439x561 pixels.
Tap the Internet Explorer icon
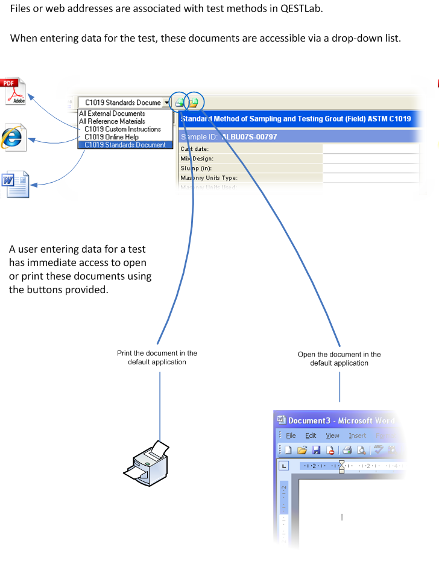(13, 138)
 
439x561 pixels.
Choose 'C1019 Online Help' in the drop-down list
(112, 137)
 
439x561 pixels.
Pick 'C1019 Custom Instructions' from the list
(122, 129)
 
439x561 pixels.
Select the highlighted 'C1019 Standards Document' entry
(125, 145)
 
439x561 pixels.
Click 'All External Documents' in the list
(112, 113)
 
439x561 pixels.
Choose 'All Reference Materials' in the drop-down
(112, 121)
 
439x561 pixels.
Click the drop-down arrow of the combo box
(166, 103)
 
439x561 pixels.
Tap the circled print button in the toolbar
(180, 103)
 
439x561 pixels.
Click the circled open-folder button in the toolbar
(193, 103)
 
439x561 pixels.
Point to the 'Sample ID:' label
(194, 137)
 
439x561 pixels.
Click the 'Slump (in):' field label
(197, 168)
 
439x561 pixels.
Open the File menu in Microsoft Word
(291, 436)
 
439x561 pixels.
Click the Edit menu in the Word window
(311, 436)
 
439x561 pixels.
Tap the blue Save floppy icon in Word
(315, 450)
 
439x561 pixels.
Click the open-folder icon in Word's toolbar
(302, 450)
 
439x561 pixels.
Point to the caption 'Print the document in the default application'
(157, 358)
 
